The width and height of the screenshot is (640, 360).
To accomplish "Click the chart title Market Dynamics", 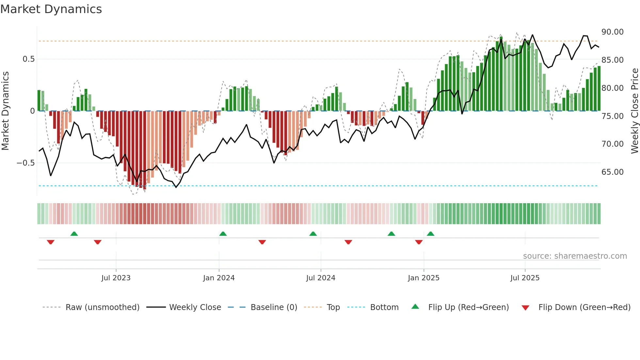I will (x=51, y=9).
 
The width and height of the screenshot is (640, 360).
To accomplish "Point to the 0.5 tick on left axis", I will (x=28, y=59).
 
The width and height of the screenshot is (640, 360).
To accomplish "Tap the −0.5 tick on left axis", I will (x=26, y=163).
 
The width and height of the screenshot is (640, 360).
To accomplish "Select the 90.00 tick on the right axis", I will (x=612, y=32).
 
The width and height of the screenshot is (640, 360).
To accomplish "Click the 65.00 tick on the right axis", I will (x=612, y=172).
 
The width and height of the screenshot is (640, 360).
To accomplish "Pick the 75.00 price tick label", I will (x=612, y=116).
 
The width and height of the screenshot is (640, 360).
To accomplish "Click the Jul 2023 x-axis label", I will (x=116, y=278).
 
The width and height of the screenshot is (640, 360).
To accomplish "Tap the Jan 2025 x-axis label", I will (x=424, y=278).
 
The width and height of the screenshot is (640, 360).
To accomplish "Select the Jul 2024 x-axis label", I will (x=321, y=278).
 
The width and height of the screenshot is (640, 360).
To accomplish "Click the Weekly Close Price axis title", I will (x=634, y=111).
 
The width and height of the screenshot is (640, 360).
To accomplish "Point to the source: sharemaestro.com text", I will (x=575, y=256).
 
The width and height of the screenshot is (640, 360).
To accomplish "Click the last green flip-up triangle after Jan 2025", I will (x=430, y=234).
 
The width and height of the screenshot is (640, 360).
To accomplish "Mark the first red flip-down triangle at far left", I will (x=51, y=242).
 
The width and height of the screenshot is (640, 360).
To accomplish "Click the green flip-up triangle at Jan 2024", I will (x=223, y=234).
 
